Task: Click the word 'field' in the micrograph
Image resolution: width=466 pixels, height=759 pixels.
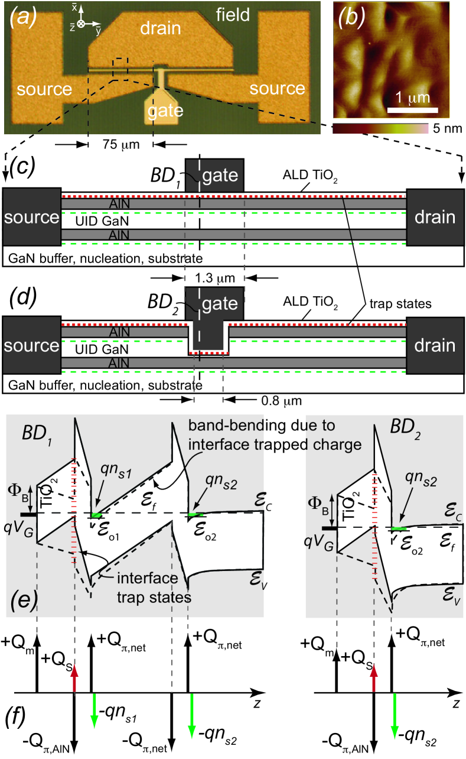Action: (233, 15)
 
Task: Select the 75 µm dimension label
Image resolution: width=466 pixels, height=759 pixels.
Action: (121, 145)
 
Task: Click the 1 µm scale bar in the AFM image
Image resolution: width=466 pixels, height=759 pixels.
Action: (412, 110)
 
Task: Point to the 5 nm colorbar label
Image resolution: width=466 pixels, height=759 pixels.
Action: (447, 128)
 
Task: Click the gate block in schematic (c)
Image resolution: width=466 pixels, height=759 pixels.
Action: (214, 175)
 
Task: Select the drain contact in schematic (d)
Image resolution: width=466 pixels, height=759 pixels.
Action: (435, 345)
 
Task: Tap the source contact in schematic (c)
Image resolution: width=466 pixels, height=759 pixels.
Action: (32, 217)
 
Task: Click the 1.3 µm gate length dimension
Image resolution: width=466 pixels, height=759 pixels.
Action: (215, 278)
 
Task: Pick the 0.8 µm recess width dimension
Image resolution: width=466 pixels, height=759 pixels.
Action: (281, 401)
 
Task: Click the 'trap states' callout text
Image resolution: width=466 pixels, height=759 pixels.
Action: (400, 304)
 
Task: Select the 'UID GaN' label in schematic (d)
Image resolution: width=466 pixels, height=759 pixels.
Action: (102, 349)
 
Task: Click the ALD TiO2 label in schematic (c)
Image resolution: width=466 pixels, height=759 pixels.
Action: (310, 176)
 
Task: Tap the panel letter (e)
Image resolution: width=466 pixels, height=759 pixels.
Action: (22, 600)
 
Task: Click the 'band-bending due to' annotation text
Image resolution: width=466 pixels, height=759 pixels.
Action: (262, 426)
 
